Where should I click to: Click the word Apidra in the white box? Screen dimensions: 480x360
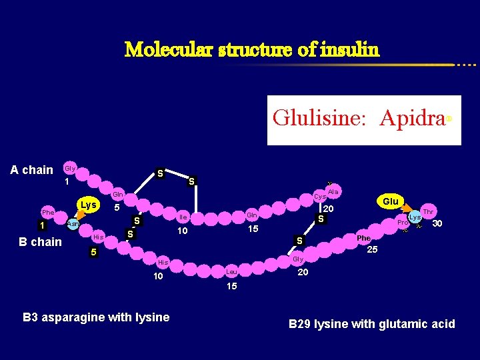tap(412, 118)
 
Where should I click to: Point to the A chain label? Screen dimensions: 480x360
tap(31, 170)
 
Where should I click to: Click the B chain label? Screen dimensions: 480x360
tap(41, 241)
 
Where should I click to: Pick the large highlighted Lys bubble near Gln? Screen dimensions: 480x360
tap(89, 204)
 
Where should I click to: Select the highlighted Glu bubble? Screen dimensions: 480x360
tap(390, 201)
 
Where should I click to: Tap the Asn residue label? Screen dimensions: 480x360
tap(73, 224)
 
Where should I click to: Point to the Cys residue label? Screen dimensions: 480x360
tap(320, 197)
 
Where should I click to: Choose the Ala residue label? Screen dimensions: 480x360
tap(334, 192)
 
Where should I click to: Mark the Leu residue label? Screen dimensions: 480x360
tap(231, 272)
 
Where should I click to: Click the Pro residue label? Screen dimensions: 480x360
tap(403, 223)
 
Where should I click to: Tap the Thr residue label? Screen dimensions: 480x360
tap(428, 211)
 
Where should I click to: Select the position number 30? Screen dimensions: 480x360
tap(438, 224)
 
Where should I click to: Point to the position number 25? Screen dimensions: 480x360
tap(373, 251)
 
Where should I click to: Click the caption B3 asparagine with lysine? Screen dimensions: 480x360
tap(96, 317)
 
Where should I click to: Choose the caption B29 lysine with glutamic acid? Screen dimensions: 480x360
tap(371, 324)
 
